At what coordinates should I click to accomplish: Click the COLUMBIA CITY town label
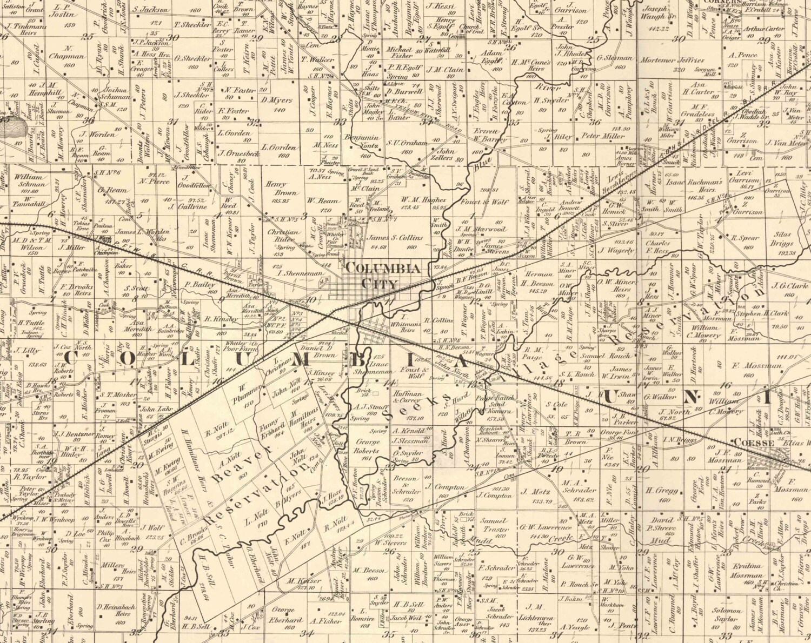382,275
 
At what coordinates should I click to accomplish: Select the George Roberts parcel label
367,452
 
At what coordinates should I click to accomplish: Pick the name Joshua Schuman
114,93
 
